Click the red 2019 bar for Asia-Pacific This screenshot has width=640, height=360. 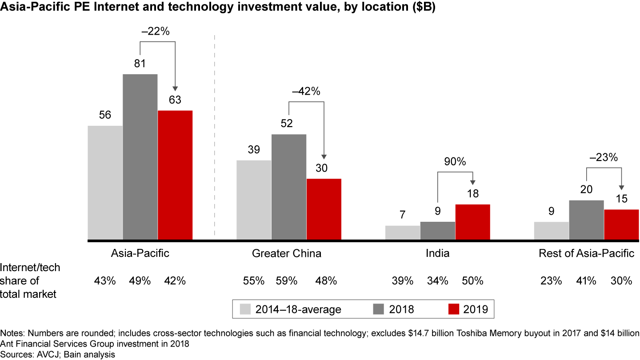(175, 175)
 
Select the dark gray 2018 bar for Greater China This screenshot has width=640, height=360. (289, 187)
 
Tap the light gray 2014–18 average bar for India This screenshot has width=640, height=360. (403, 232)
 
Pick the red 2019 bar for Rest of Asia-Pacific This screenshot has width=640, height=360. (621, 224)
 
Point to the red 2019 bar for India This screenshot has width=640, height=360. (472, 222)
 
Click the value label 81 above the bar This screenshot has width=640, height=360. (140, 64)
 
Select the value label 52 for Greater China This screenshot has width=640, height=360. (287, 124)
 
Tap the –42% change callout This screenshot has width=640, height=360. (306, 92)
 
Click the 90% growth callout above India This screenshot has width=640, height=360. (455, 162)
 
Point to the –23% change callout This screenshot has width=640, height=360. (604, 157)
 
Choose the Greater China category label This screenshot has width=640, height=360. (287, 254)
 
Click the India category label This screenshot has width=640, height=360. (437, 254)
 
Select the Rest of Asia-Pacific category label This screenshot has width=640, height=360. (586, 254)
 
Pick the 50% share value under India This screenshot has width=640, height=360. (472, 281)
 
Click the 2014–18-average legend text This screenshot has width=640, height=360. (298, 309)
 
